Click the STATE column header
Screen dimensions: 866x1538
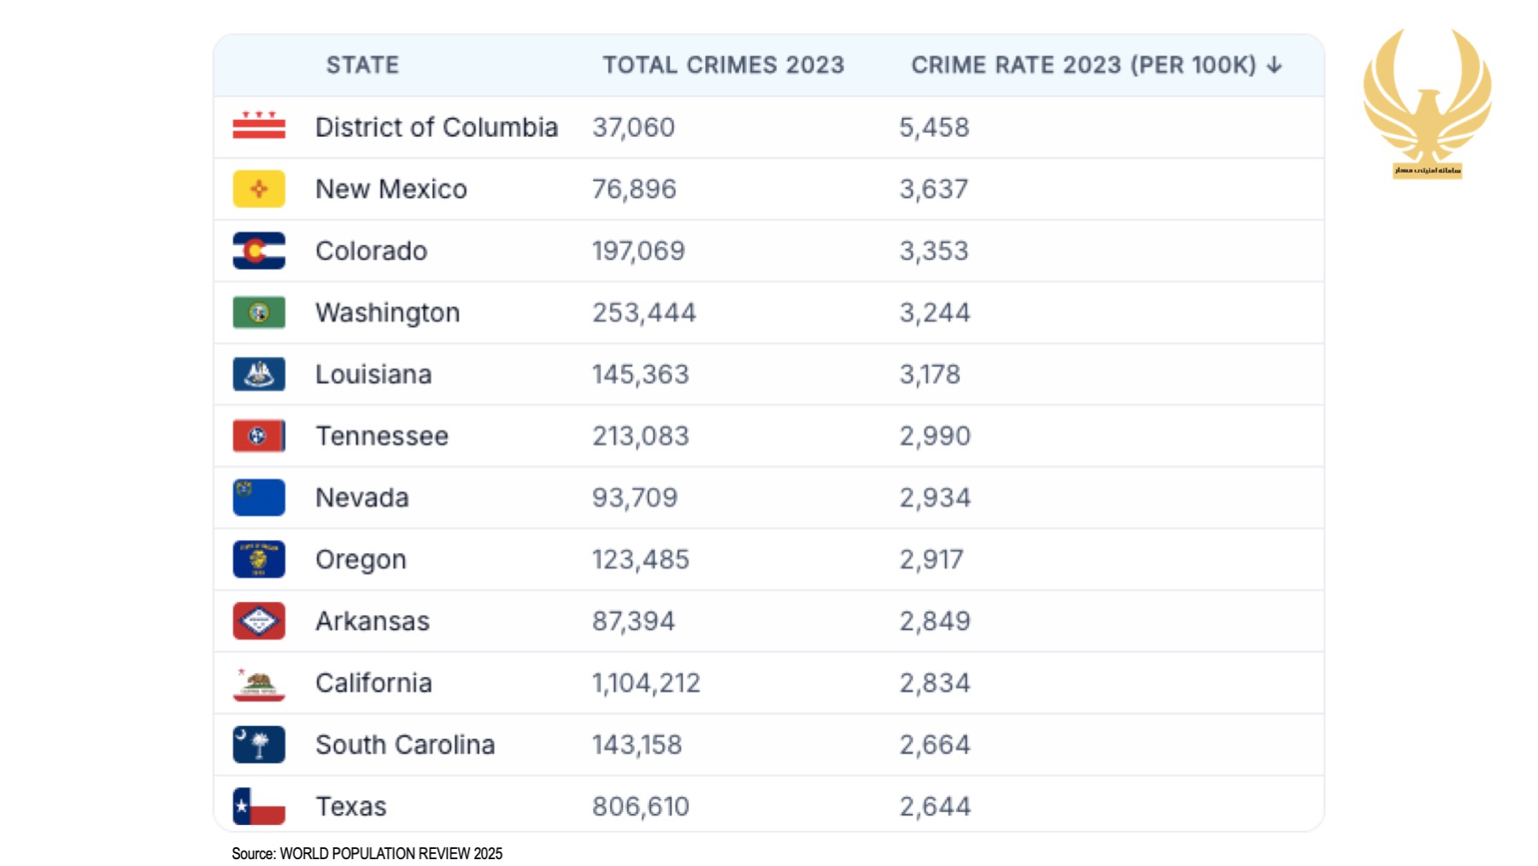[x=362, y=65]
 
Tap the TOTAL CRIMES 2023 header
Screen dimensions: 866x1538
[x=723, y=65]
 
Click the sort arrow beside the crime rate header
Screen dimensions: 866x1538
[x=1274, y=65]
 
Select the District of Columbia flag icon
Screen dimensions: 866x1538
[x=259, y=127]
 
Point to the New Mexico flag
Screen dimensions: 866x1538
[x=259, y=189]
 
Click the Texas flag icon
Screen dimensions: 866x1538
[x=259, y=806]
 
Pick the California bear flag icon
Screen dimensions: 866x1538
[x=259, y=683]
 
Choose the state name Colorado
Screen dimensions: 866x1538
[x=371, y=250]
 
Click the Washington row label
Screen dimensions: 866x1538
[x=387, y=313]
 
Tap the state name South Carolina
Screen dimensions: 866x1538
[x=405, y=745]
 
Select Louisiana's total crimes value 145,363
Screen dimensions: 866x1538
[x=640, y=374]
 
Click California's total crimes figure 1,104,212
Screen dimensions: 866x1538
[x=646, y=683]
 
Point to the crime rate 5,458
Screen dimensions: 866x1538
[x=934, y=127]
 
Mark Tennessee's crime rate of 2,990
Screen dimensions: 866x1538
[x=935, y=436]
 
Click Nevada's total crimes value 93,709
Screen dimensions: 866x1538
[x=634, y=498]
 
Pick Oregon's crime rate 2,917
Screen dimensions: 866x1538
[x=931, y=559]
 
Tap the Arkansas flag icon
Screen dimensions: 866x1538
[x=259, y=622]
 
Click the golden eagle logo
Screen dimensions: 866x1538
[x=1427, y=98]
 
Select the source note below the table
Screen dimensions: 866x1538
[x=367, y=853]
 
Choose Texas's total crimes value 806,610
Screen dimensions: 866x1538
[x=640, y=806]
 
